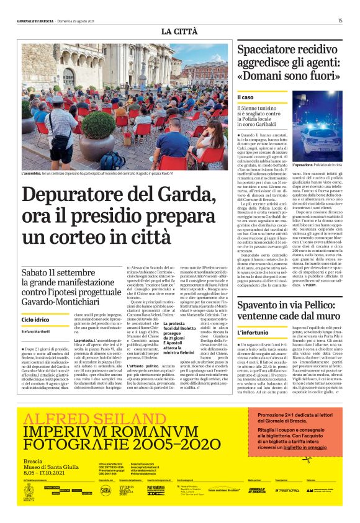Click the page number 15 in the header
click(x=340, y=20)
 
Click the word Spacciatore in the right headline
click(x=274, y=51)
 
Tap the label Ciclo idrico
click(x=36, y=302)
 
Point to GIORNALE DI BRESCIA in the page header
click(x=36, y=20)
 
